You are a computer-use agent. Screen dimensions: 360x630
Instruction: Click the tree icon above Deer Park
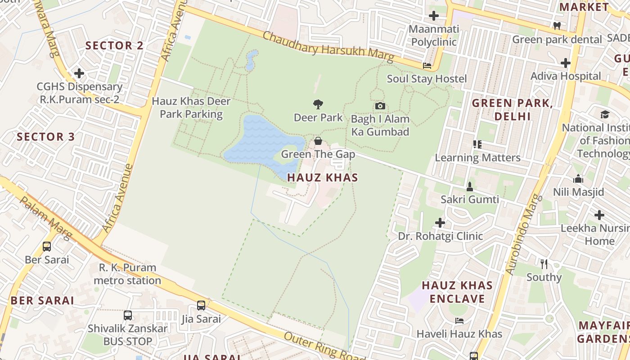pos(318,104)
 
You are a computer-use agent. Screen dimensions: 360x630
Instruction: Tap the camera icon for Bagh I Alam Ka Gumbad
pos(380,106)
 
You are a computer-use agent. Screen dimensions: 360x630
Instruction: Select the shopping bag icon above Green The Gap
pos(318,141)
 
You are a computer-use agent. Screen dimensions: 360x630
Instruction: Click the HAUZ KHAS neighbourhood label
pos(323,178)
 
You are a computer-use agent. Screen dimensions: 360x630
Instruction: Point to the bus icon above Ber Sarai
pos(47,247)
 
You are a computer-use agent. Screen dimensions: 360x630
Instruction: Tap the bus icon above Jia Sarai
pos(201,306)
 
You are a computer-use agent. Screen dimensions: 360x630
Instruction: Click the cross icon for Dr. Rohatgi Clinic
pos(440,223)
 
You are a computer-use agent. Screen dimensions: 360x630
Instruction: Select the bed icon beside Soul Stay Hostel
pos(427,66)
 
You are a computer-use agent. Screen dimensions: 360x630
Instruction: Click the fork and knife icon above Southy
pos(544,264)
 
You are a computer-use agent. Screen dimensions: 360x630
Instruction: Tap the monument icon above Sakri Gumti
pos(470,186)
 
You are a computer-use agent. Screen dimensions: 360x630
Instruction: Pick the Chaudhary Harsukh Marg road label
pos(328,47)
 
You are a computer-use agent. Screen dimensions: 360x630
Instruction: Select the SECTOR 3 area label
pos(45,137)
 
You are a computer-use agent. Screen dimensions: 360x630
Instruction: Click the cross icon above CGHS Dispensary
pos(79,73)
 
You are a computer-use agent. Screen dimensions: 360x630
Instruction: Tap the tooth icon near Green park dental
pos(557,26)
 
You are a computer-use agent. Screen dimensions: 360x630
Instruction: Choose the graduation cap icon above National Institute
pos(605,114)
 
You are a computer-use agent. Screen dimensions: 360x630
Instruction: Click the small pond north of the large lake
pos(251,61)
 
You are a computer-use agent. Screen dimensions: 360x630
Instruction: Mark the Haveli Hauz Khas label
pos(459,334)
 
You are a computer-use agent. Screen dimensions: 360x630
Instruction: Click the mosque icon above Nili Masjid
pos(578,179)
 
